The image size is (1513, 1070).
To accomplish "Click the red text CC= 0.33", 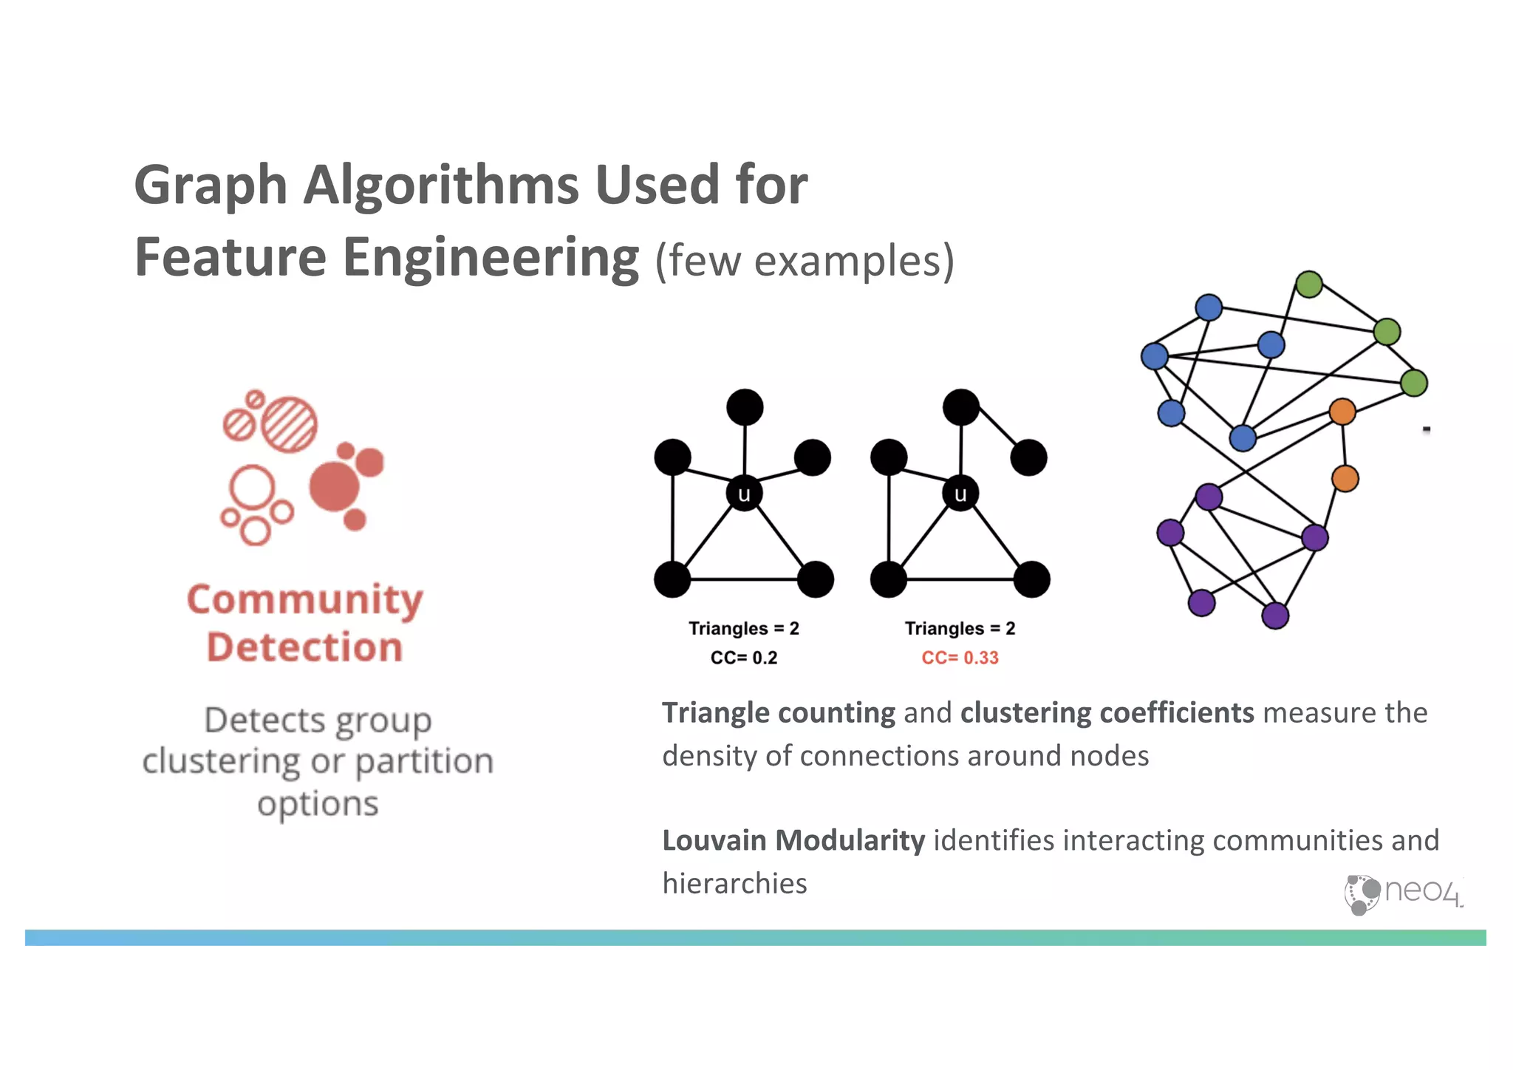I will pos(960,658).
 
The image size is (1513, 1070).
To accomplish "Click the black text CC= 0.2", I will pos(743,658).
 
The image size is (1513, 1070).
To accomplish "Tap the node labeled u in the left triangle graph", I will pos(744,494).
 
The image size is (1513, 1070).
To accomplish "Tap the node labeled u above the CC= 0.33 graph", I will pos(960,494).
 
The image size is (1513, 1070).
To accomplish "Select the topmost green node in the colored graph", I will pos(1308,284).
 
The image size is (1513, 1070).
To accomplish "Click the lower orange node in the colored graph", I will pos(1345,479).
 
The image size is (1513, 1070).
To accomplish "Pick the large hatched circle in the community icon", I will pos(290,425).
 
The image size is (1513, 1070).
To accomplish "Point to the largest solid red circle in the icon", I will pos(334,486).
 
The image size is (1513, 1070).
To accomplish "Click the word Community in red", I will pos(304,600).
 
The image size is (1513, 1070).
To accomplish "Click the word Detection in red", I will pos(304,647).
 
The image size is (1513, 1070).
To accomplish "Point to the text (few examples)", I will pos(805,262).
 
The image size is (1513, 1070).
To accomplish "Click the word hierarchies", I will pos(734,884).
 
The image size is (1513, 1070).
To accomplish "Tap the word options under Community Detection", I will pos(318,804).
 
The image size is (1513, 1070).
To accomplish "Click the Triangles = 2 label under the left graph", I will pos(743,628).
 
